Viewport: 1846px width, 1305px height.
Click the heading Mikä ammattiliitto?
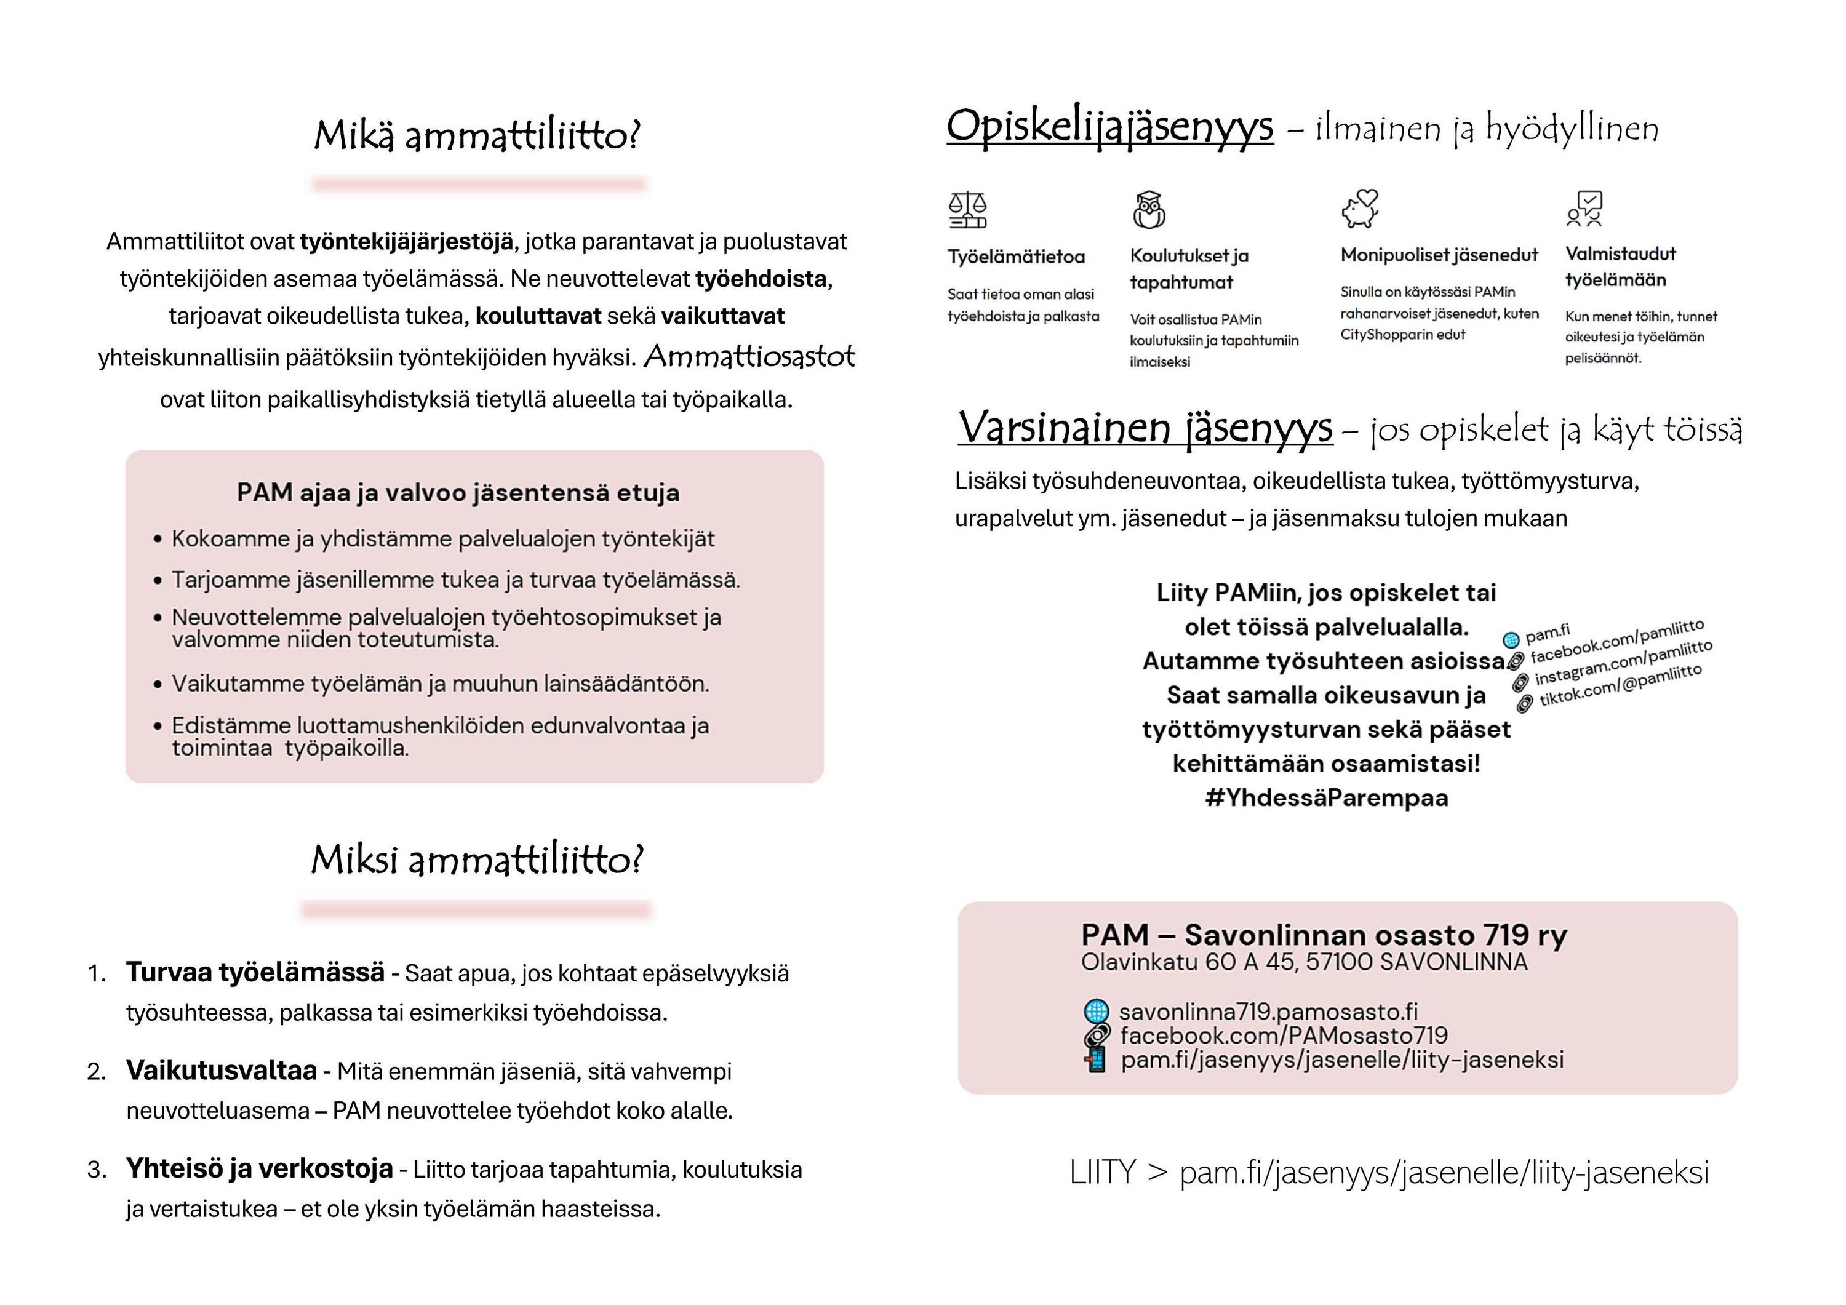(477, 135)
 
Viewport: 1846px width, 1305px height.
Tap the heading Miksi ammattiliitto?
(477, 860)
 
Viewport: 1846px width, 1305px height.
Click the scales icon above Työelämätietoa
(967, 210)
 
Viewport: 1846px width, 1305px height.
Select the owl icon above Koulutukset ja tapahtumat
(1149, 210)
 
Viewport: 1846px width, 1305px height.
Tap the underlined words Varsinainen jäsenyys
(1145, 428)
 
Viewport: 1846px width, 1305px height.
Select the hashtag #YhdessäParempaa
(1327, 797)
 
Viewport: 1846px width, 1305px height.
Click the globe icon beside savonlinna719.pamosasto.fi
(1096, 1011)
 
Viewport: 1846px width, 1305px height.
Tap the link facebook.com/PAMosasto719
(1283, 1036)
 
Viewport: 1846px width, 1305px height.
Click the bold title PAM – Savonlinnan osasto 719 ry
(1324, 935)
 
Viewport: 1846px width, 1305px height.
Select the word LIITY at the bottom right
(1102, 1172)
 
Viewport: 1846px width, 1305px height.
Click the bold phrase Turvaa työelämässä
(255, 972)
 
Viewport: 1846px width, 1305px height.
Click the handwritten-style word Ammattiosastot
(749, 356)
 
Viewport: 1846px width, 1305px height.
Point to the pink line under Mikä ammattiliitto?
(479, 184)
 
